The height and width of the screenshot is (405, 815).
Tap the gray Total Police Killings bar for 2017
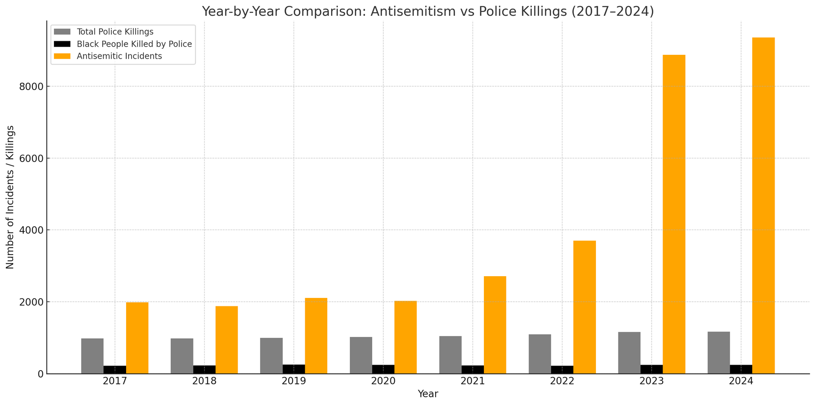pos(93,356)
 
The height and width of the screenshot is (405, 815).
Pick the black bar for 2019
pos(294,369)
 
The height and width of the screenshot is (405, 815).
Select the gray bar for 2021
pos(450,355)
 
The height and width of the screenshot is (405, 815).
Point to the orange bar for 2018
pos(226,340)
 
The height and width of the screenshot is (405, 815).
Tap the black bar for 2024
pos(741,369)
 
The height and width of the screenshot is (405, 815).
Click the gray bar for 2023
pos(629,353)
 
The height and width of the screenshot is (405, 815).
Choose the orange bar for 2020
pos(405,337)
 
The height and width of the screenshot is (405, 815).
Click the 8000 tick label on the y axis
pos(32,87)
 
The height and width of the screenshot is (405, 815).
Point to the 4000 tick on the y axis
pos(32,230)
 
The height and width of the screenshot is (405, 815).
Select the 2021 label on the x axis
pos(472,381)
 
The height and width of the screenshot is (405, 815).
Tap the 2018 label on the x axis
pos(204,381)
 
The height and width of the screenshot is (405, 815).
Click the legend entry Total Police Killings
pos(115,32)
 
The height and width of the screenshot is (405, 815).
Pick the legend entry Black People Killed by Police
pos(134,44)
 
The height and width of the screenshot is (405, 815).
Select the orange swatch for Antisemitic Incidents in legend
pos(62,56)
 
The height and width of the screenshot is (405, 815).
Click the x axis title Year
pos(428,394)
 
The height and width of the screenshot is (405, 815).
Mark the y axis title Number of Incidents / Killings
pos(10,197)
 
